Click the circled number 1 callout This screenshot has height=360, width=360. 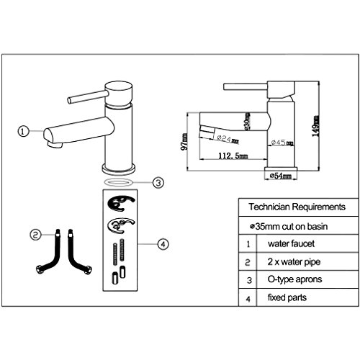(23, 131)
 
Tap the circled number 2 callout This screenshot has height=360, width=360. (35, 235)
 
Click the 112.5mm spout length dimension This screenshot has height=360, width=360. (232, 155)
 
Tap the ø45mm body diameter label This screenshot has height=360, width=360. (282, 143)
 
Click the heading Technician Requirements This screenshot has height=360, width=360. (296, 207)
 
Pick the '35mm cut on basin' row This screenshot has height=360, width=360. (292, 225)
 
